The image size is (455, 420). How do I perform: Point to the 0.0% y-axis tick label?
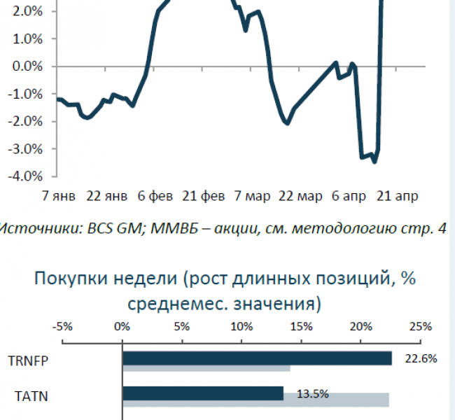26,66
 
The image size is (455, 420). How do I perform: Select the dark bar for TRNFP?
257,358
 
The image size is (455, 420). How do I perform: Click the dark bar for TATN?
203,393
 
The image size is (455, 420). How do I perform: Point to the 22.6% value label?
421,358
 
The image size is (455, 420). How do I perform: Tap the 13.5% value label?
313,393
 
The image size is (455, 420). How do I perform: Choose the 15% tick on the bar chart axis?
302,327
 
